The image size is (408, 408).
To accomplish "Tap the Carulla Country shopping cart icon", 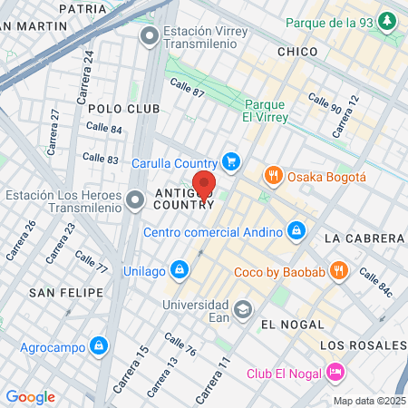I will tap(230, 162).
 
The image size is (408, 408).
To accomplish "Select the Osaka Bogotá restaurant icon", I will tap(271, 175).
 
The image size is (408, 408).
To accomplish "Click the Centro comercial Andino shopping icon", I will tap(296, 231).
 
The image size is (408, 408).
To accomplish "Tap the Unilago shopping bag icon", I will tap(180, 269).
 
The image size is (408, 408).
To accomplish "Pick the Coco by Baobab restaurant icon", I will tap(338, 269).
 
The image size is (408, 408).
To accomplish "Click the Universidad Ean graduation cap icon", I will tap(242, 310).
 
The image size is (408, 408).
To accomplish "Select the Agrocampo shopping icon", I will tap(99, 345).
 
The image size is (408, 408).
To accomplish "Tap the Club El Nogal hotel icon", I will tap(334, 372).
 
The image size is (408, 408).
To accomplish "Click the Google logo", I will tap(30, 396).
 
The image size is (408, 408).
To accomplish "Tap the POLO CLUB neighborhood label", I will tap(123, 108).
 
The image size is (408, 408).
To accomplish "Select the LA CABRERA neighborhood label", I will tap(363, 238).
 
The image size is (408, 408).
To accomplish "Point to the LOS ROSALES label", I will tap(364, 345).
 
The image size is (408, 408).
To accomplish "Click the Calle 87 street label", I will tap(187, 87).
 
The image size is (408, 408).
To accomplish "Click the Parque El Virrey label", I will tap(266, 111).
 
